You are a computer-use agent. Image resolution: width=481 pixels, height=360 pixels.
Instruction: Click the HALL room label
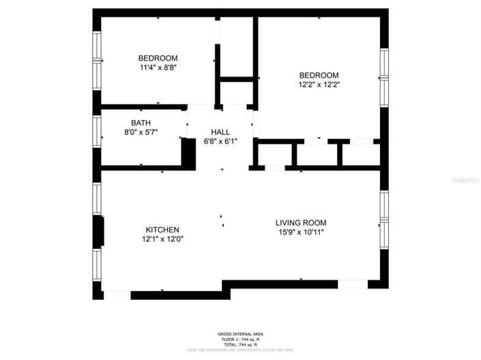220,132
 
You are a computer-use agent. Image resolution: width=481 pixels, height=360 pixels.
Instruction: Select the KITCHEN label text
162,230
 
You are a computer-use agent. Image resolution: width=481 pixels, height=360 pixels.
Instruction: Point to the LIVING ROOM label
301,223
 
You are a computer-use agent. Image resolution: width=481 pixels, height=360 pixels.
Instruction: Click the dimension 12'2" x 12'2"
319,85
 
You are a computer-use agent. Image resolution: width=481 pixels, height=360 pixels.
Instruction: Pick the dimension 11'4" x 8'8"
158,67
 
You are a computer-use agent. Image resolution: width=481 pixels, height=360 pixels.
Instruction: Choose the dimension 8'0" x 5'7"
141,133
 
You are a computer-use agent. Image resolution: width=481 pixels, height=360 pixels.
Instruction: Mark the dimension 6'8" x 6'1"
220,142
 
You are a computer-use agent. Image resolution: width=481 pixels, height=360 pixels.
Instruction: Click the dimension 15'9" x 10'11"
301,232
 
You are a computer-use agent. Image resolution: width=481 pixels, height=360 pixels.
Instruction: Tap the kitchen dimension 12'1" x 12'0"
162,239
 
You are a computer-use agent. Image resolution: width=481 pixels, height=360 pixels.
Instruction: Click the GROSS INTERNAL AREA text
240,334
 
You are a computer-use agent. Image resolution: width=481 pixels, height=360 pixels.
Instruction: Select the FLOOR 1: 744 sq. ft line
240,340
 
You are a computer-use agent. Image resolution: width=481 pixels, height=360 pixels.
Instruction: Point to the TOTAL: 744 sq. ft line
240,345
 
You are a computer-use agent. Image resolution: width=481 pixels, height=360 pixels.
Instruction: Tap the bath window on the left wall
97,131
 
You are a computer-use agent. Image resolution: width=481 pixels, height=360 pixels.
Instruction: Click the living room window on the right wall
384,218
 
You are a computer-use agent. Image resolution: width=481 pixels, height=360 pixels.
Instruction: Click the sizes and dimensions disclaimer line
240,350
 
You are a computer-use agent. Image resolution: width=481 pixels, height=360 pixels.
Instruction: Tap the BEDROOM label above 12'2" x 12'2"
319,75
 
